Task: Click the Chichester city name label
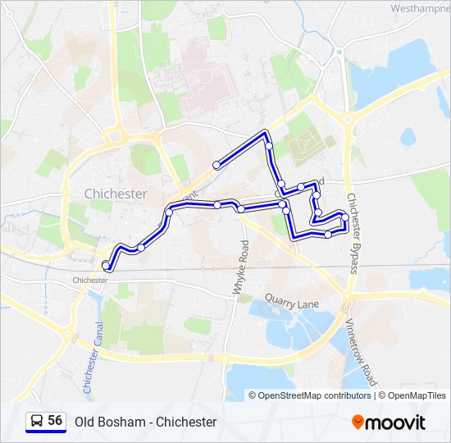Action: click(x=116, y=194)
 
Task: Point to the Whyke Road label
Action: click(x=239, y=267)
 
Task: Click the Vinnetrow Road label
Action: click(x=360, y=353)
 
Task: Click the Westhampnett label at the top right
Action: click(x=419, y=8)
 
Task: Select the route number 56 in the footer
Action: click(x=55, y=420)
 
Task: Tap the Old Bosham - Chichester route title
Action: click(x=145, y=422)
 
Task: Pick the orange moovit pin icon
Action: click(x=358, y=422)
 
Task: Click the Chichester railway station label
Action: click(x=90, y=280)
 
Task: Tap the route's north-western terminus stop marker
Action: click(x=216, y=165)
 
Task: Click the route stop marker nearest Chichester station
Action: click(x=106, y=265)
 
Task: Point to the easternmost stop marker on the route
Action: click(x=345, y=224)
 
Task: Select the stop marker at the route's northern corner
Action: click(x=269, y=146)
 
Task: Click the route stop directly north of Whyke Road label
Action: click(x=241, y=209)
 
